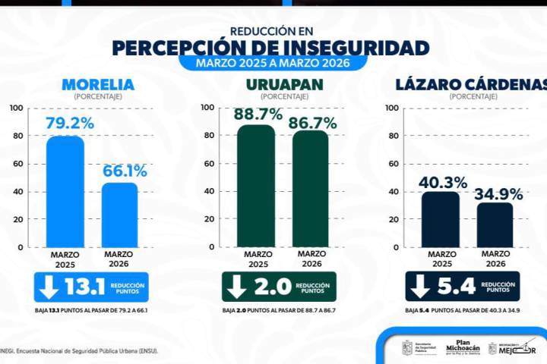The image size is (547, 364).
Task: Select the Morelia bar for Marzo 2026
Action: click(119, 215)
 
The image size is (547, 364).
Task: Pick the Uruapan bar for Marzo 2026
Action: click(311, 190)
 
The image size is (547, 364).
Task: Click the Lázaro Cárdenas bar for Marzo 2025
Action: click(441, 220)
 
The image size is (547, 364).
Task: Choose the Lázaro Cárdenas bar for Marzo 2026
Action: click(495, 225)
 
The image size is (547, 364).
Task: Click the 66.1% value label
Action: click(125, 171)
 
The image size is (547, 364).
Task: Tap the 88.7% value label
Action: click(258, 115)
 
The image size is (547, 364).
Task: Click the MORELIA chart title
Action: click(97, 84)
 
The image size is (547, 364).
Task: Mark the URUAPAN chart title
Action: click(283, 84)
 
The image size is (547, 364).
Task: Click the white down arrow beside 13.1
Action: click(49, 286)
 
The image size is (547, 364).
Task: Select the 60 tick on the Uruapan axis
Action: click(207, 164)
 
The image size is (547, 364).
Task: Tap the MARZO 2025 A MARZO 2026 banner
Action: click(272, 63)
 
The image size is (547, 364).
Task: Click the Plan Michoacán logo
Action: click(463, 347)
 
